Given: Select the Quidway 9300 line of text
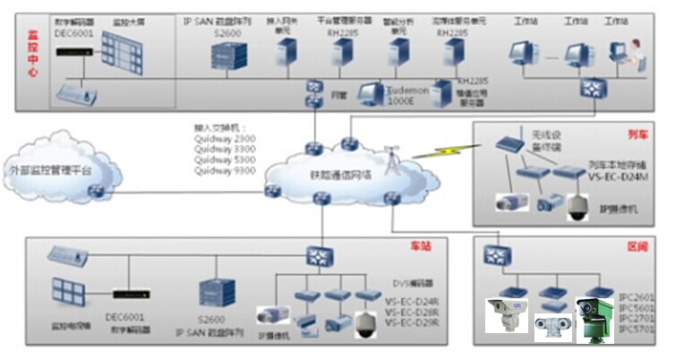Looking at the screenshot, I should [221, 170].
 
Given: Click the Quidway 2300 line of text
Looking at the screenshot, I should [221, 138].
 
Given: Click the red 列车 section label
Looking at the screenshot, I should [637, 134].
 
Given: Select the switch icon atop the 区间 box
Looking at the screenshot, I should [493, 256].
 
